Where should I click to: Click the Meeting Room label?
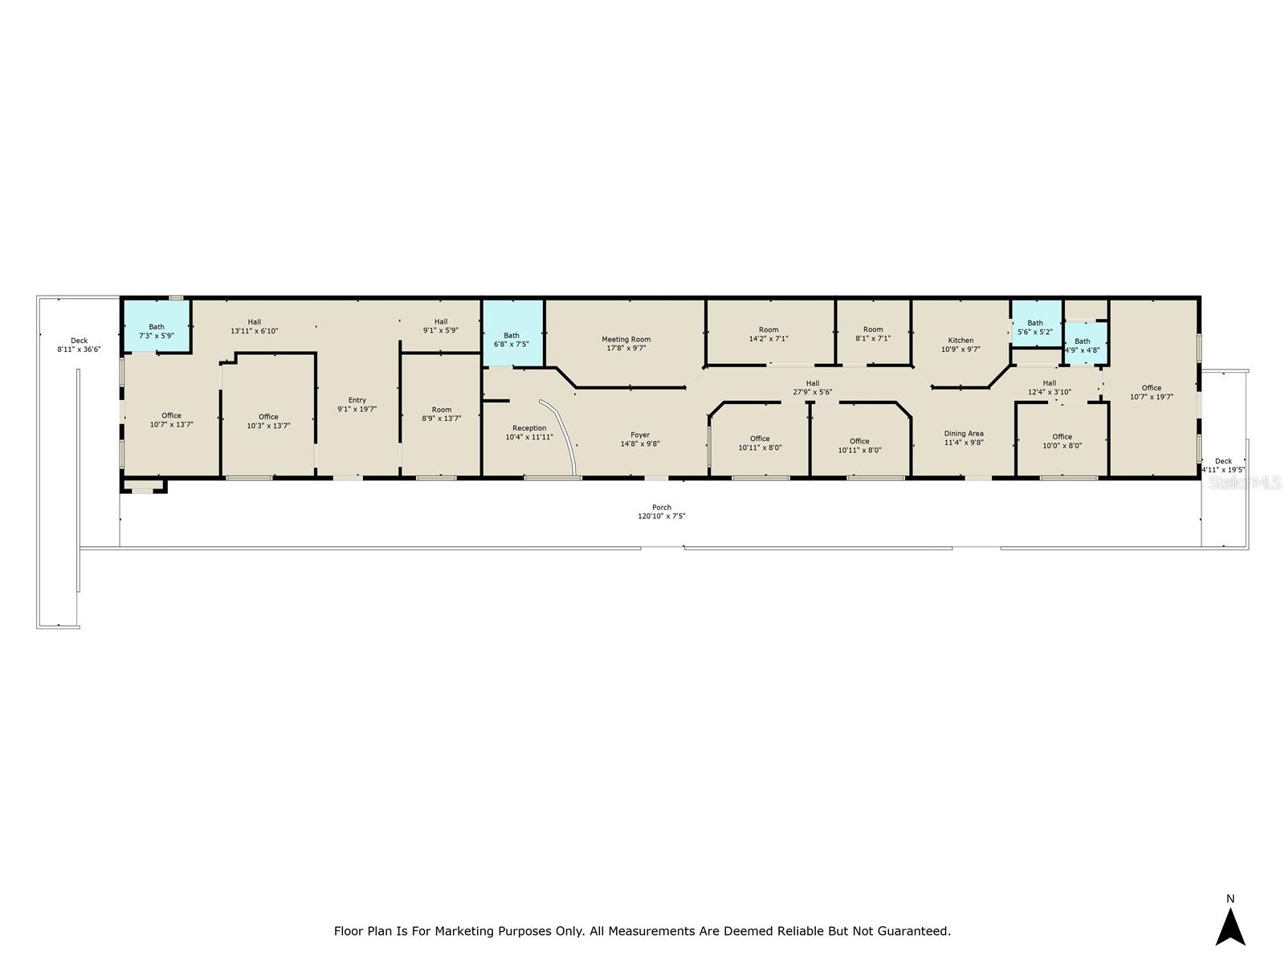(626, 340)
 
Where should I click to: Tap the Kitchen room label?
(961, 341)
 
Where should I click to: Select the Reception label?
(529, 428)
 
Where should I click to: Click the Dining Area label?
(964, 434)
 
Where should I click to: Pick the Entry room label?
(357, 400)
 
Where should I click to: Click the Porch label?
(662, 508)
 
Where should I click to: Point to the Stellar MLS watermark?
(1246, 483)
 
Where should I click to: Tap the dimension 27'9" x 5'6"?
(813, 393)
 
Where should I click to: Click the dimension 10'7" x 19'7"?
(1152, 397)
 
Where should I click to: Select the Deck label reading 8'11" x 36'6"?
(79, 349)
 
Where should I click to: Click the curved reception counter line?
(565, 434)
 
